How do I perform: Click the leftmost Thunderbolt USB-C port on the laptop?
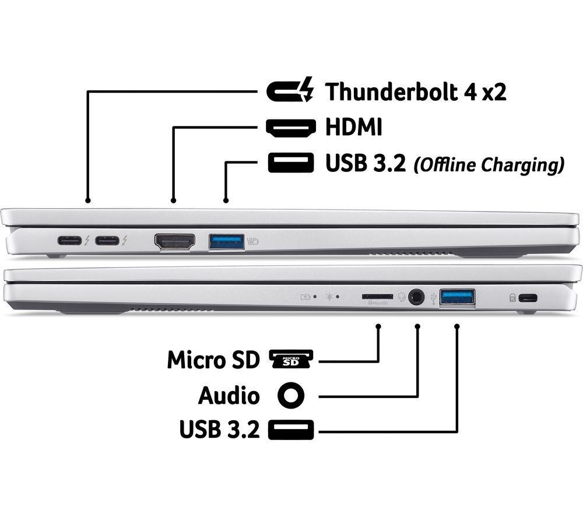pyautogui.click(x=69, y=241)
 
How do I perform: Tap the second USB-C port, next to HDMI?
pyautogui.click(x=107, y=241)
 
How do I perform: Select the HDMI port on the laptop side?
pyautogui.click(x=175, y=241)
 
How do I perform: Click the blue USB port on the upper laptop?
pyautogui.click(x=226, y=241)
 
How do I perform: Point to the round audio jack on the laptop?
pyautogui.click(x=416, y=297)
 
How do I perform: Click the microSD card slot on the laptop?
pyautogui.click(x=377, y=297)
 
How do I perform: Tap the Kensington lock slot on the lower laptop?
pyautogui.click(x=528, y=298)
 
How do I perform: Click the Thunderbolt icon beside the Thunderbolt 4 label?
pyautogui.click(x=290, y=90)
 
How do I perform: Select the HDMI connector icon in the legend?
pyautogui.click(x=291, y=128)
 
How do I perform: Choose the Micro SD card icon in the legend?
pyautogui.click(x=291, y=359)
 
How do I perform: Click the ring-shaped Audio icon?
pyautogui.click(x=291, y=395)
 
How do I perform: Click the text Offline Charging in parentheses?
pyautogui.click(x=489, y=164)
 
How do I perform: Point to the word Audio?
pyautogui.click(x=229, y=395)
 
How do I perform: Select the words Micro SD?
pyautogui.click(x=213, y=360)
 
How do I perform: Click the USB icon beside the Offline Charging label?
pyautogui.click(x=291, y=163)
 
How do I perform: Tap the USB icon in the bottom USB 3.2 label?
pyautogui.click(x=291, y=430)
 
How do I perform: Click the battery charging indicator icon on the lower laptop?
pyautogui.click(x=305, y=297)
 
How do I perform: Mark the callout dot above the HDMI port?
pyautogui.click(x=173, y=201)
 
